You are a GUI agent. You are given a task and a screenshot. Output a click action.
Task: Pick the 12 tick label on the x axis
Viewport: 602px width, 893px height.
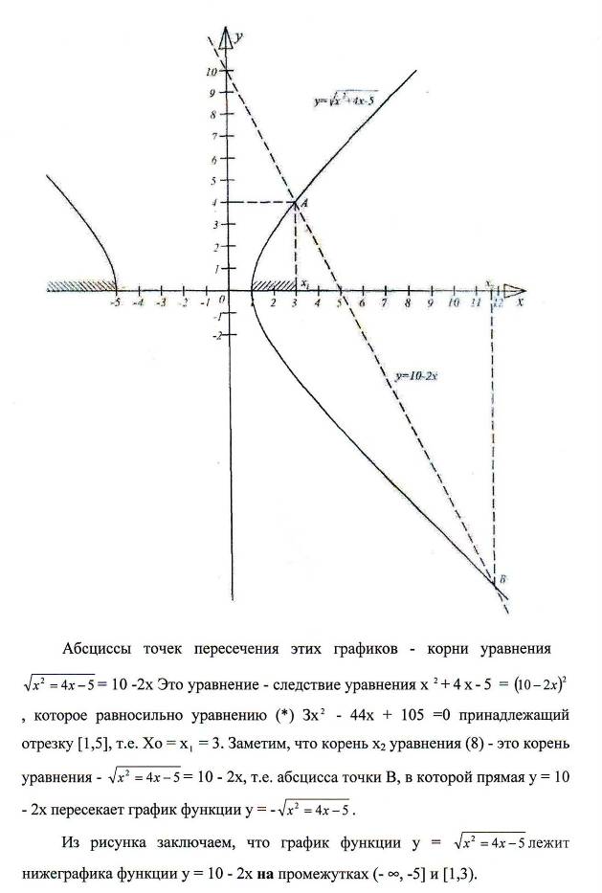[x=497, y=302]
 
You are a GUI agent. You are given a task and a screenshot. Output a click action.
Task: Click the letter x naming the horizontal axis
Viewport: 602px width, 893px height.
[x=520, y=301]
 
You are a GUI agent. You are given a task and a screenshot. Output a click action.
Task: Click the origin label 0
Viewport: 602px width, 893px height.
[x=221, y=299]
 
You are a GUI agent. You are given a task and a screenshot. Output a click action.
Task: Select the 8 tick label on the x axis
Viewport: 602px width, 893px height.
[x=408, y=302]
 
